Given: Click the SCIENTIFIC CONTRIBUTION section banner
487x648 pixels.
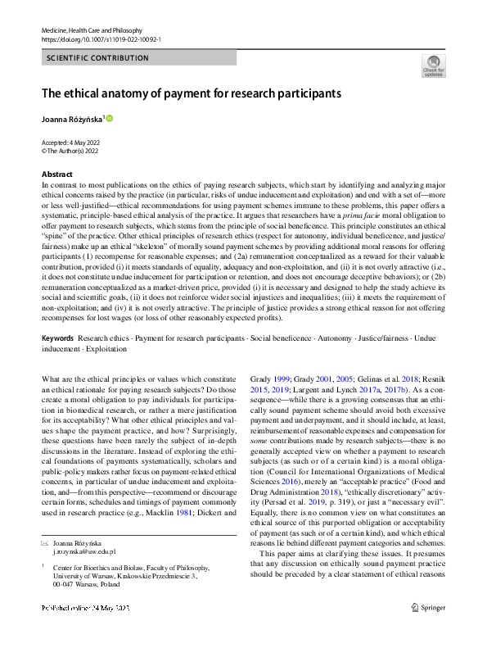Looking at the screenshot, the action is click(98, 58).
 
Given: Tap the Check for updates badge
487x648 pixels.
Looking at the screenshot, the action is click(434, 66).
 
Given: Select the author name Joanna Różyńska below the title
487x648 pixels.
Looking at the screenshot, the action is click(72, 119).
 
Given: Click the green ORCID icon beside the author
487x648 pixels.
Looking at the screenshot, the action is click(110, 119).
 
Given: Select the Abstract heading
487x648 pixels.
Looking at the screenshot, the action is click(56, 174).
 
